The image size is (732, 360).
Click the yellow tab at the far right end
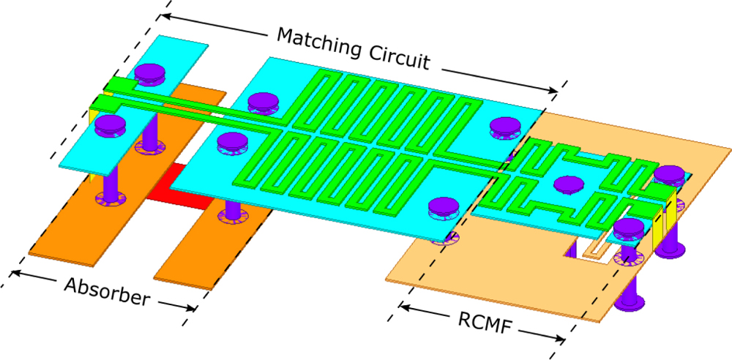pyautogui.click(x=671, y=220)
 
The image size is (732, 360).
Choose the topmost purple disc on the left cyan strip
pyautogui.click(x=150, y=72)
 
